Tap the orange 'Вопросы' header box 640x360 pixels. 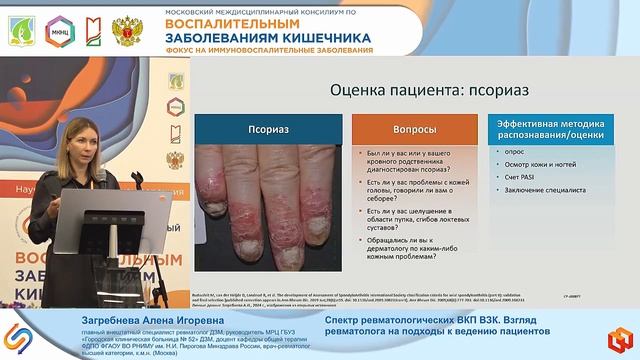point(398,129)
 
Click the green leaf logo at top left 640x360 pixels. point(22,30)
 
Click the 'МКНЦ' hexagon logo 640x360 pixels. point(58,30)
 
